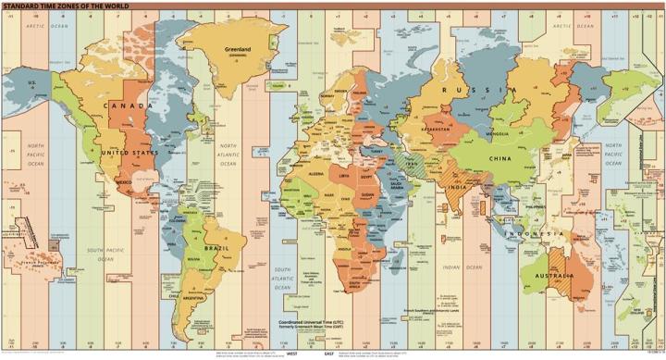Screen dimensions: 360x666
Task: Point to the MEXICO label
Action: click(x=123, y=183)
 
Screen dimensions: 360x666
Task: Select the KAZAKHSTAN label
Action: click(x=437, y=129)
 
